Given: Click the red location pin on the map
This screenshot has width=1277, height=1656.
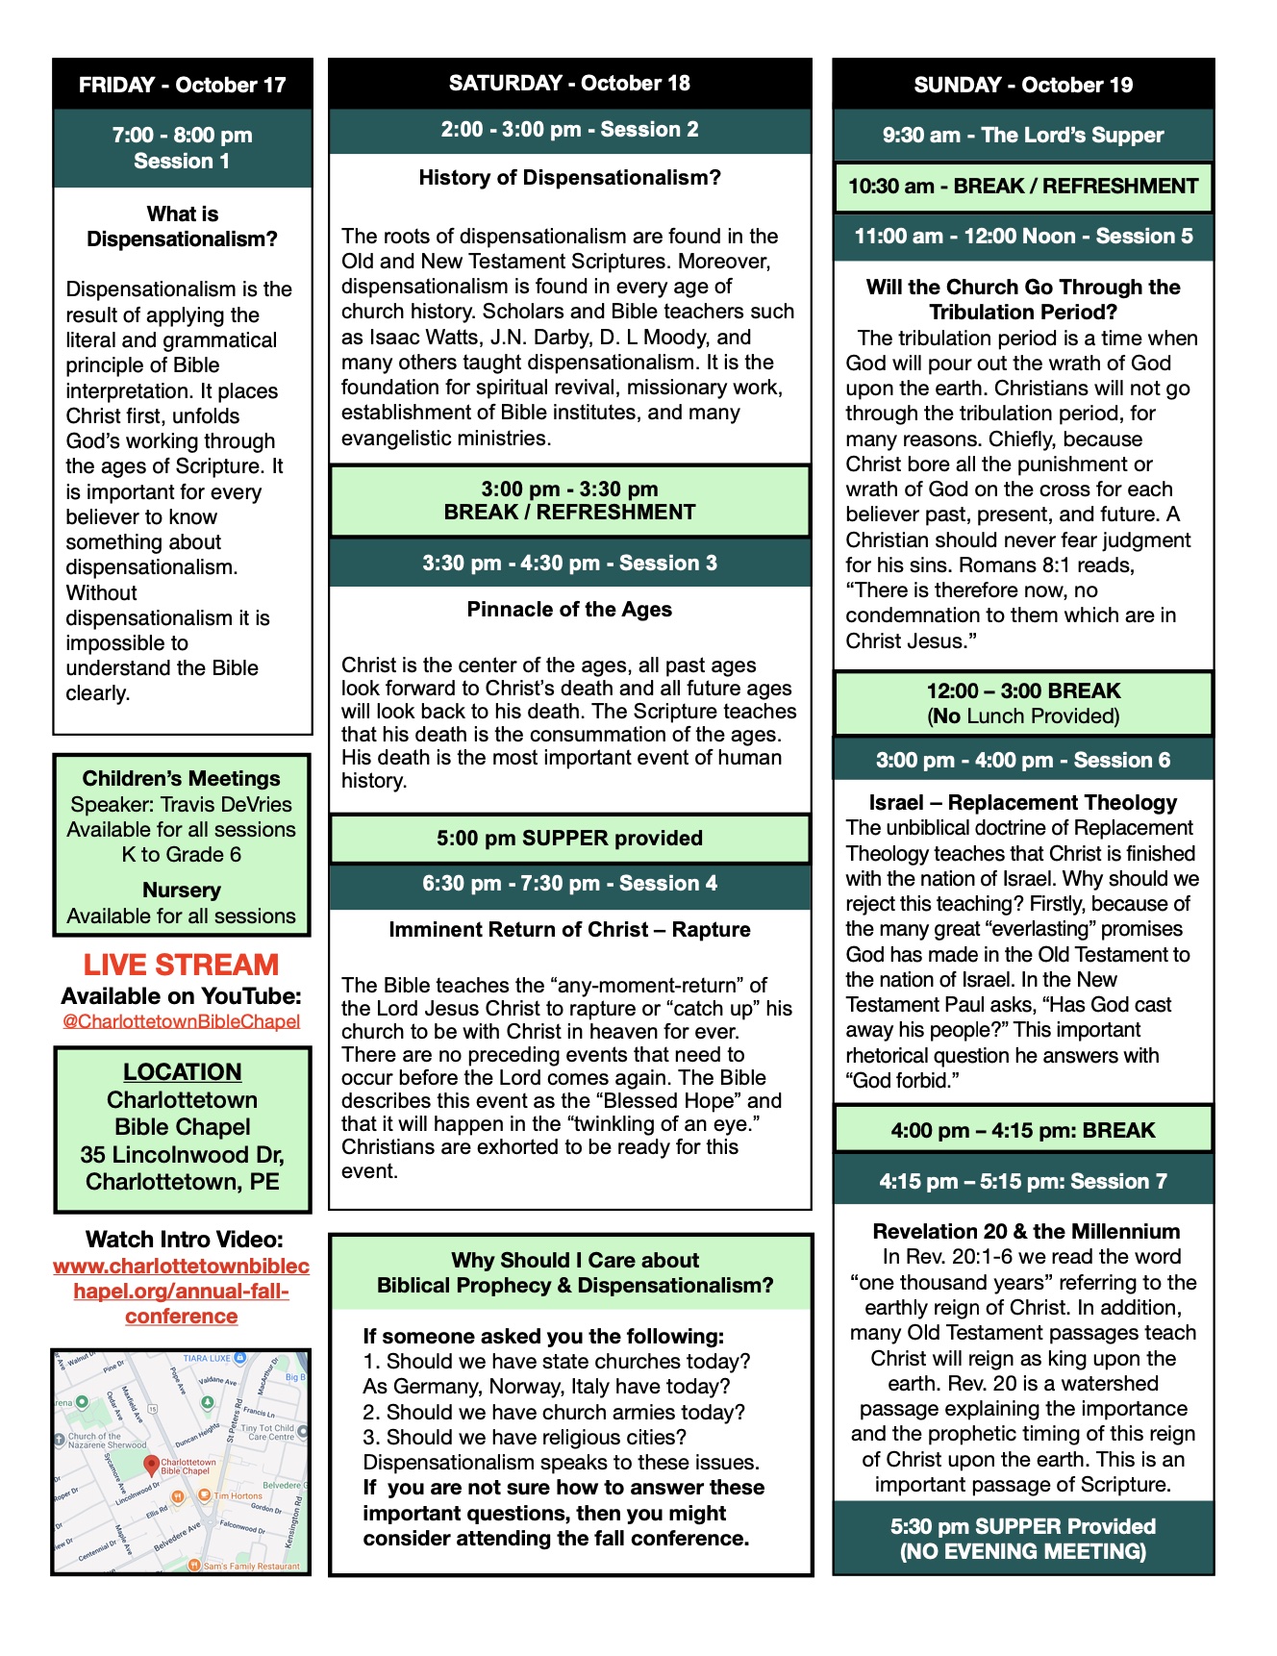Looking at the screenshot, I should [x=151, y=1465].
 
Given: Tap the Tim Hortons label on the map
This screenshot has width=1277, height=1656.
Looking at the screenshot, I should [x=238, y=1495].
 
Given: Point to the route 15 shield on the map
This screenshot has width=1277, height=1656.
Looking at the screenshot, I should [x=152, y=1409].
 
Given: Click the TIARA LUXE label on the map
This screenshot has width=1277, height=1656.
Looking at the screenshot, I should [x=207, y=1358].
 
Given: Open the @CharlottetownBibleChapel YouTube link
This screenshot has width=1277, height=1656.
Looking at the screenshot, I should [x=181, y=1021].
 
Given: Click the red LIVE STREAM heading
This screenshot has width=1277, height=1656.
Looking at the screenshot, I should [x=181, y=965].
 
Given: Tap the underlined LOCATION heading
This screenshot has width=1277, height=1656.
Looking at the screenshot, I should [x=182, y=1071].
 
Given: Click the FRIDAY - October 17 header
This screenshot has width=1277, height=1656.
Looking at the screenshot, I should [x=182, y=85].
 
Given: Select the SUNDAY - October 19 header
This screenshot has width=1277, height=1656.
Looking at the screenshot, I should [x=1023, y=85].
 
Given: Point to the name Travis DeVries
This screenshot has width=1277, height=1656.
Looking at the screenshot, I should [x=229, y=804].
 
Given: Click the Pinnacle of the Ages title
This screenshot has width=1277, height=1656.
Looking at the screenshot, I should [x=569, y=610].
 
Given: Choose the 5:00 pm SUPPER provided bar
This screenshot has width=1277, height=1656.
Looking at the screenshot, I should [x=569, y=839].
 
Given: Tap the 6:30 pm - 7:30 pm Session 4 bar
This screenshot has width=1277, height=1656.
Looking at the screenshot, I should [x=569, y=884].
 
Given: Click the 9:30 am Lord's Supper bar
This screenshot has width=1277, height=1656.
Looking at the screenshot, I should [x=1023, y=136].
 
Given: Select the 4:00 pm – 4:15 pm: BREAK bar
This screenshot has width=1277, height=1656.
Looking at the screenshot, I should [x=1023, y=1131].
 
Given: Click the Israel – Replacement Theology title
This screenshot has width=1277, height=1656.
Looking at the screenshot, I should [x=1023, y=803].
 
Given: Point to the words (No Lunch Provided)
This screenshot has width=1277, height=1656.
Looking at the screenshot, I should [x=1023, y=716].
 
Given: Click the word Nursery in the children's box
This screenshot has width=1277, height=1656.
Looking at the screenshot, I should [x=182, y=891].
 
